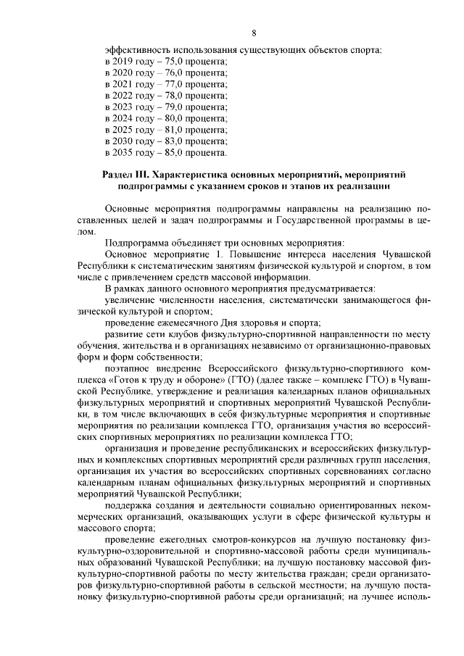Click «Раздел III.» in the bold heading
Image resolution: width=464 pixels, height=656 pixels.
tap(127, 175)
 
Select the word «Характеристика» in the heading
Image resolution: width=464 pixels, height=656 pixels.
tap(191, 175)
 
